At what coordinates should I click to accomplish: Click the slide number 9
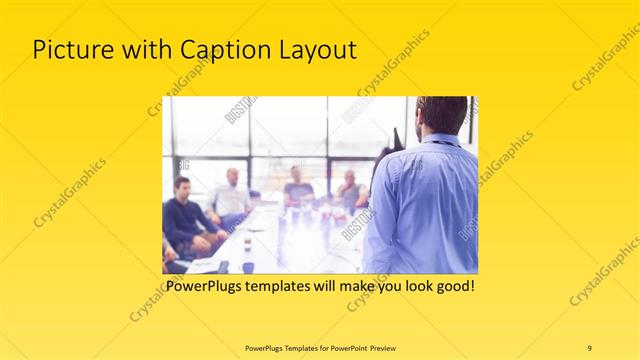coord(589,347)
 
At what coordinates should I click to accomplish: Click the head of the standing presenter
coord(440,115)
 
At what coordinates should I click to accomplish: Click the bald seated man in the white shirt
coord(231,195)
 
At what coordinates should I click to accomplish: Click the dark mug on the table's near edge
coord(247,267)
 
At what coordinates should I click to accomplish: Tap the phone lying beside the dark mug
coord(223,267)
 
